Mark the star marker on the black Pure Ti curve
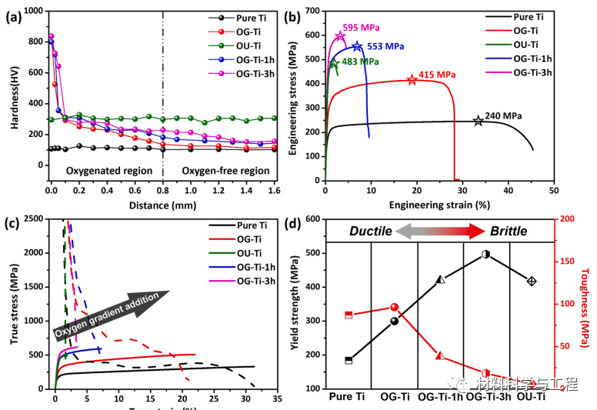click(479, 121)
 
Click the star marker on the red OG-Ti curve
click(412, 79)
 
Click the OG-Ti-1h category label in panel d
click(440, 397)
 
